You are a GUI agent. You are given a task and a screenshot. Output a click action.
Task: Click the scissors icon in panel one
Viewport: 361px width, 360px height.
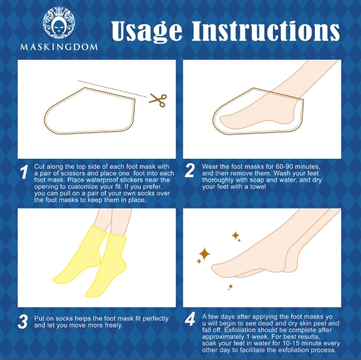point(158,100)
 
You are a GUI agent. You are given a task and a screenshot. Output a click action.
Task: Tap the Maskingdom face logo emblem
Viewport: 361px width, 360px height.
point(59,23)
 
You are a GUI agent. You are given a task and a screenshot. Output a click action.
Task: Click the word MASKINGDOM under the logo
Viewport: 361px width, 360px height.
point(59,47)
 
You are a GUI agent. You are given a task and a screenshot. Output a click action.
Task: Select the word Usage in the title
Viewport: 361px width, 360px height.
point(147,31)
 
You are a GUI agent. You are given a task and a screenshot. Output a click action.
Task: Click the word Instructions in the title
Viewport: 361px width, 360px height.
point(266,31)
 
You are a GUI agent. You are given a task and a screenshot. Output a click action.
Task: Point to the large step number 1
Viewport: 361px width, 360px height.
point(24,171)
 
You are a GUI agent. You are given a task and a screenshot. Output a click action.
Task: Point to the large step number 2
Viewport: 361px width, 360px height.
point(190,170)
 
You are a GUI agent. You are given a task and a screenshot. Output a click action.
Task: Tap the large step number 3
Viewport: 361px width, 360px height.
point(23,322)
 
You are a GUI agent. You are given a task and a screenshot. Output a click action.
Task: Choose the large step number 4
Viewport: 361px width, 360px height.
point(190,319)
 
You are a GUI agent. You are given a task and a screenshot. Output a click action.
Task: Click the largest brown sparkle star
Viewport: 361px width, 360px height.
point(204,254)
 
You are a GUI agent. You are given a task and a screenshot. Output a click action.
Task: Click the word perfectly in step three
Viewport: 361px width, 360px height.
point(155,319)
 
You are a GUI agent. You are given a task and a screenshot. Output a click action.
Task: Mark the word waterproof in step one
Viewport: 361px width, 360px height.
point(102,180)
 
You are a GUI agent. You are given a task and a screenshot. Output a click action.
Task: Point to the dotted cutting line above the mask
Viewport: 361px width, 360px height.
point(113,89)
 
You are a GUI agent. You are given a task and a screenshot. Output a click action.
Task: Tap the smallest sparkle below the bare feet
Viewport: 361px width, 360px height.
point(230,287)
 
